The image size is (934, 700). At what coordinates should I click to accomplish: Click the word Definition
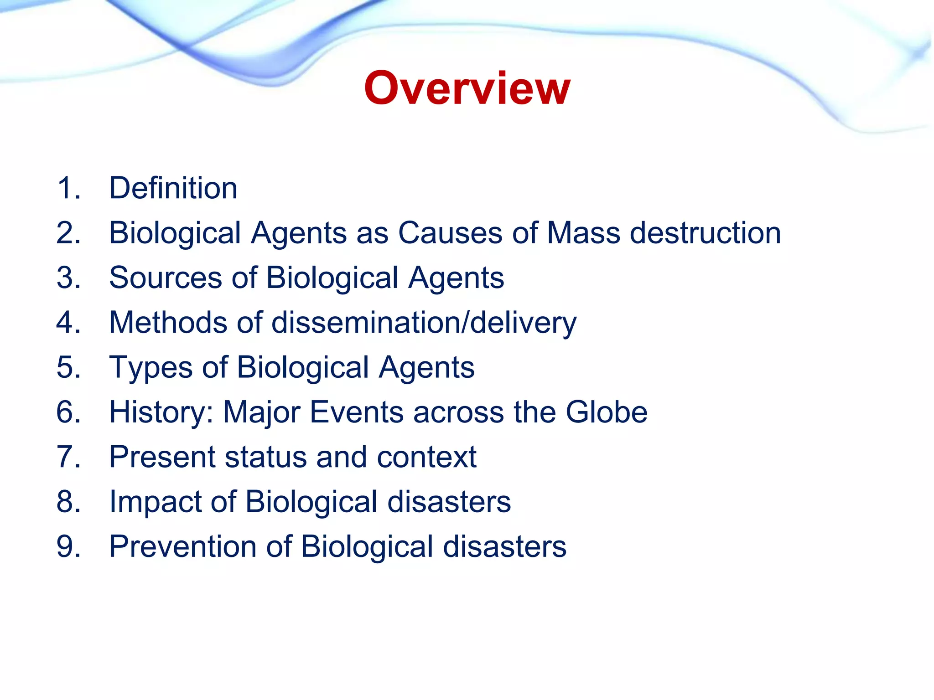[173, 188]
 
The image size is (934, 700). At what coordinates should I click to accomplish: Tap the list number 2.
[68, 233]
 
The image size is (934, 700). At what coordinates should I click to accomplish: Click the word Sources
[165, 278]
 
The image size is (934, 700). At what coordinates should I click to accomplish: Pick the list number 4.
[68, 322]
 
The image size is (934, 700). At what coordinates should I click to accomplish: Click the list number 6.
[68, 412]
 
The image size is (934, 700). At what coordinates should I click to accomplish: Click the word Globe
[607, 412]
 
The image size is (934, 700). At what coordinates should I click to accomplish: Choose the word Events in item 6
[356, 412]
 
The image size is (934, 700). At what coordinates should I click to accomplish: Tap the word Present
[162, 457]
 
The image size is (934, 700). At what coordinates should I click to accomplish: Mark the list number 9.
[68, 546]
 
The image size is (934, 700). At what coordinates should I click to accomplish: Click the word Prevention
[183, 546]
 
